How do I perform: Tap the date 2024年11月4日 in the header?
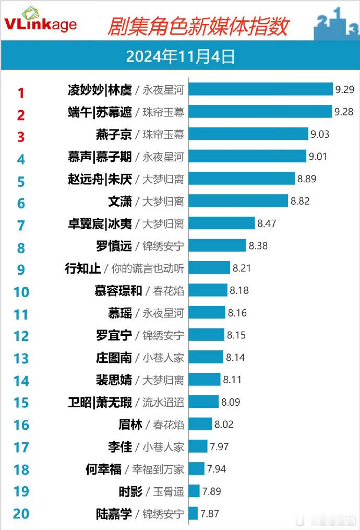pyautogui.click(x=180, y=56)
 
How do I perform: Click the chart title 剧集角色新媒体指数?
pyautogui.click(x=198, y=25)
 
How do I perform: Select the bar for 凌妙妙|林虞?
pyautogui.click(x=260, y=89)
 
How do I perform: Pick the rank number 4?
pyautogui.click(x=21, y=159)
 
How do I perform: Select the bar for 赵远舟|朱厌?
pyautogui.click(x=241, y=179)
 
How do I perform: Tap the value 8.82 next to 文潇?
pyautogui.click(x=300, y=201)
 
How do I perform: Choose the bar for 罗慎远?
pyautogui.click(x=217, y=245)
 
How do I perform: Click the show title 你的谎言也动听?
pyautogui.click(x=148, y=268)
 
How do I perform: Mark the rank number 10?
pyautogui.click(x=21, y=291)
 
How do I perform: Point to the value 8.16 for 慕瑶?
pyautogui.click(x=237, y=313)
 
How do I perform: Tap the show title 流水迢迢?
pyautogui.click(x=163, y=402)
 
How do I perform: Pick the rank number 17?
pyautogui.click(x=21, y=447)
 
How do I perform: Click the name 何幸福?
pyautogui.click(x=103, y=469)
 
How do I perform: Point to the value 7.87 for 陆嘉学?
pyautogui.click(x=209, y=514)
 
